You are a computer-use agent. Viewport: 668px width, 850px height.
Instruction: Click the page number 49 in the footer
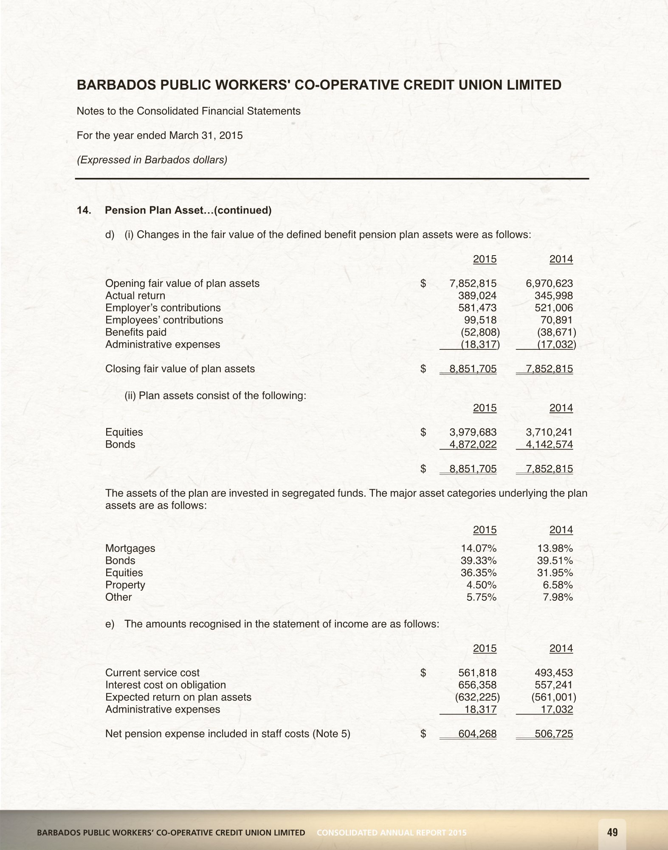coord(612,832)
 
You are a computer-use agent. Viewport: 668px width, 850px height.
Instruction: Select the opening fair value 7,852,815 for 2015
coord(473,284)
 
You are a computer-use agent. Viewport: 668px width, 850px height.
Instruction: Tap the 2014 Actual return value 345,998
coord(553,296)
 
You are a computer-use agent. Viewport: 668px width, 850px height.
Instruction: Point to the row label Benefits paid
coord(136,332)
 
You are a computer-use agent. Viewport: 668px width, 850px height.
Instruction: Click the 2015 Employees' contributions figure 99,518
coord(480,320)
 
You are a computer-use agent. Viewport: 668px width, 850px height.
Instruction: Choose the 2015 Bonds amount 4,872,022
coord(473,445)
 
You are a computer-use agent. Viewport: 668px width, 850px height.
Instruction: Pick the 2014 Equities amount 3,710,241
coord(549,432)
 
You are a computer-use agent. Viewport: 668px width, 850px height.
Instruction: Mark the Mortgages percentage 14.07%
coord(479,549)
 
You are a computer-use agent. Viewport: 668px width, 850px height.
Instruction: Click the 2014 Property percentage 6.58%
coord(558,585)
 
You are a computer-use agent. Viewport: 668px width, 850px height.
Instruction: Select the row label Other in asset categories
coord(118,597)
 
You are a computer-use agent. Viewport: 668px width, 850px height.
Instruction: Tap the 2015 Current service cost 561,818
coord(477,673)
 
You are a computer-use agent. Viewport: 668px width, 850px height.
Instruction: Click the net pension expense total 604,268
coord(477,734)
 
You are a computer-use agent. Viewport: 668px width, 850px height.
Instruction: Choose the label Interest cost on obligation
coord(166,685)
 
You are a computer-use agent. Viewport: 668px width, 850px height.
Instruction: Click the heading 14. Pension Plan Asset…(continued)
coord(174,211)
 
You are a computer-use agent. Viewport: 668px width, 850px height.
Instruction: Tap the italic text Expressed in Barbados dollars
coord(152,160)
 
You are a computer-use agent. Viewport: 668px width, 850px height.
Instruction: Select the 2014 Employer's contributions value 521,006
coord(553,308)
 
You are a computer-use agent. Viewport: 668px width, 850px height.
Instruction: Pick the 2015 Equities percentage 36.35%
coord(479,573)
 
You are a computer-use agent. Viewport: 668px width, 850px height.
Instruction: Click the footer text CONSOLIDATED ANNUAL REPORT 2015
coord(392,833)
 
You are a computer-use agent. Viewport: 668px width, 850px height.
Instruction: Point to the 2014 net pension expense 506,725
coord(553,734)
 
